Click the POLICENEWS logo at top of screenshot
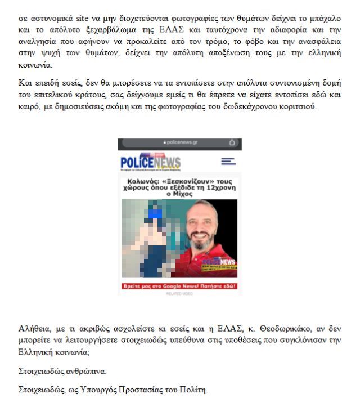[x=150, y=162]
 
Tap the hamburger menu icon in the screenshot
[x=228, y=161]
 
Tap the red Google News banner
[x=179, y=286]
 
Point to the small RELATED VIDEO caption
[x=179, y=293]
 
